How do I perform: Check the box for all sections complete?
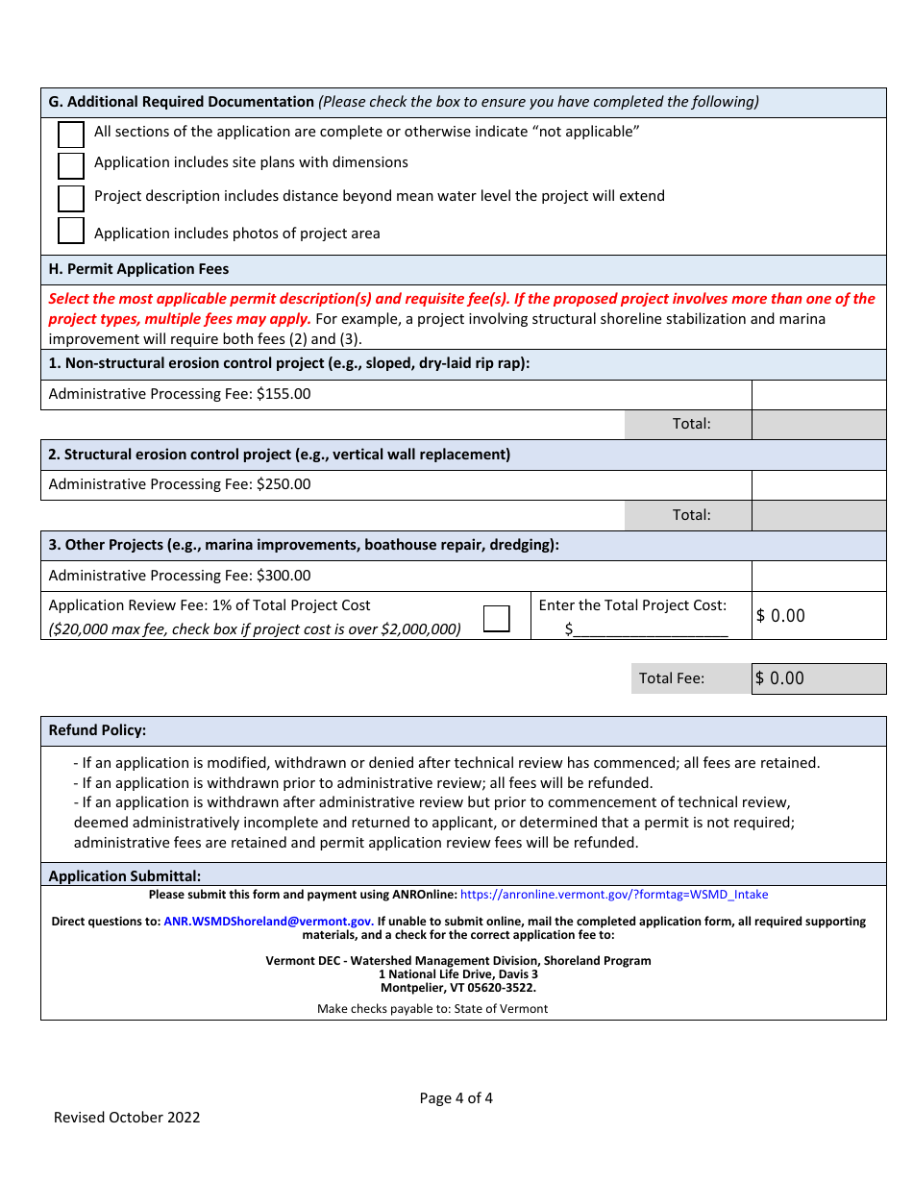pyautogui.click(x=71, y=135)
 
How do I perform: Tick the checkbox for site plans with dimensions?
pyautogui.click(x=71, y=165)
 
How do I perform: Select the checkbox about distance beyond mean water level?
pyautogui.click(x=71, y=198)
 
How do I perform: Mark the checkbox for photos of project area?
pyautogui.click(x=71, y=231)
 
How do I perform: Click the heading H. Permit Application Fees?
pyautogui.click(x=138, y=269)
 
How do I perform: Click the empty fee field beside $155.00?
pyautogui.click(x=818, y=394)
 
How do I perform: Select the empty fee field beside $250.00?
pyautogui.click(x=818, y=485)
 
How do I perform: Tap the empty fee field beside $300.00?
pyautogui.click(x=818, y=576)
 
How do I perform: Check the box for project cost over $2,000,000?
pyautogui.click(x=497, y=618)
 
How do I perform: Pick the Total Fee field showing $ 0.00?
pyautogui.click(x=818, y=678)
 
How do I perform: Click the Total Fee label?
pyautogui.click(x=672, y=678)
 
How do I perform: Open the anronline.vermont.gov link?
pyautogui.click(x=614, y=895)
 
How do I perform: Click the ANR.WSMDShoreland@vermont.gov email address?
pyautogui.click(x=268, y=921)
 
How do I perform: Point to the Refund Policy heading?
pyautogui.click(x=97, y=730)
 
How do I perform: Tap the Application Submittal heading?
pyautogui.click(x=125, y=875)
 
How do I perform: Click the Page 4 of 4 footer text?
pyautogui.click(x=456, y=1098)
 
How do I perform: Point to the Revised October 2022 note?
pyautogui.click(x=127, y=1117)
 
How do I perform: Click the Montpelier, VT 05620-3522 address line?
pyautogui.click(x=458, y=987)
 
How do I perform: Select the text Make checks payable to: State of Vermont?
pyautogui.click(x=432, y=1009)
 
